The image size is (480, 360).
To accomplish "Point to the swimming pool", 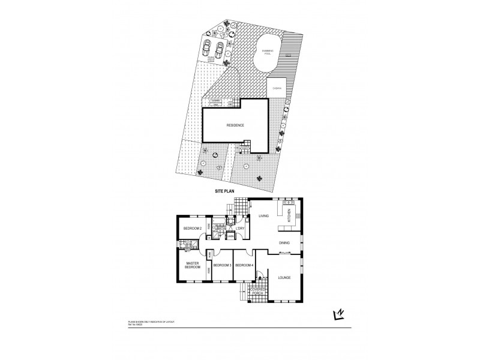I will point(267,52).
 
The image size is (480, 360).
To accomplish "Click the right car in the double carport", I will point(220,47).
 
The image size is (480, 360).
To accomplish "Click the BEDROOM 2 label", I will point(191,229).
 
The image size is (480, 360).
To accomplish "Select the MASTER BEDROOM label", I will point(192,265).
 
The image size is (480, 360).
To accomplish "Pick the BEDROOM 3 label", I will point(222,265).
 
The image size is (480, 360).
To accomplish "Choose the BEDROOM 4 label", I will point(244,265).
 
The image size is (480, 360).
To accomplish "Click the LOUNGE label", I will point(284,277).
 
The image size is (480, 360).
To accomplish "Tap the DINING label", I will point(285,242).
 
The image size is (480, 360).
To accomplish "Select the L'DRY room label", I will point(239,229).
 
